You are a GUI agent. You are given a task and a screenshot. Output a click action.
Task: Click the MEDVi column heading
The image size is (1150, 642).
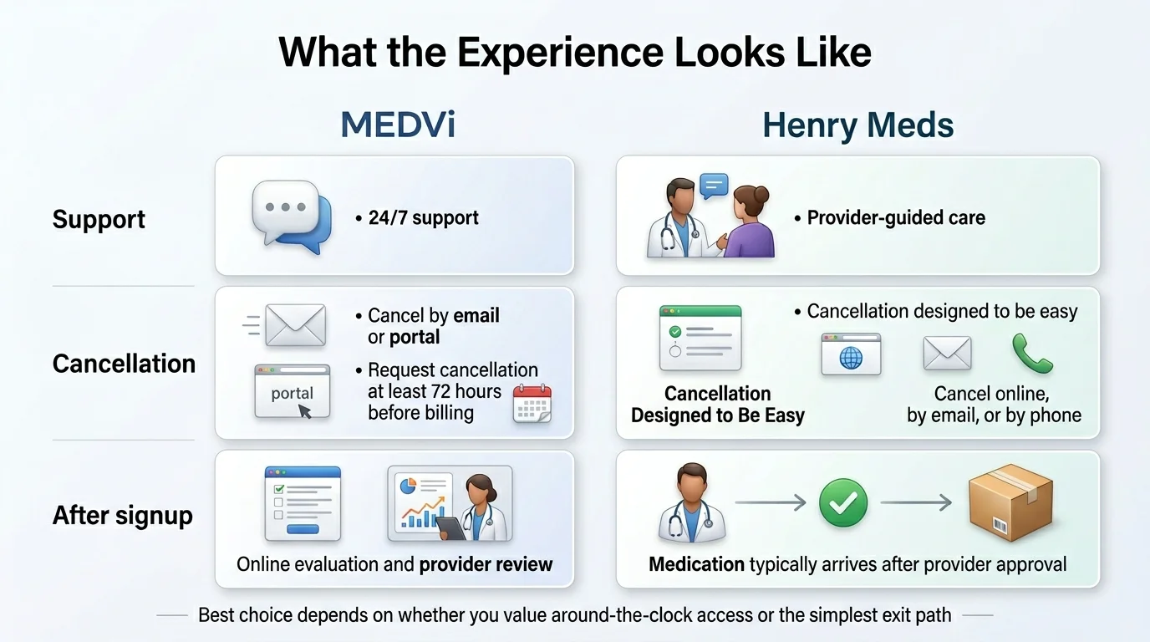(399, 125)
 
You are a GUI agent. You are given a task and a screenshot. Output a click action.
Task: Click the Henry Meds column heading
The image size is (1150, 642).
(857, 125)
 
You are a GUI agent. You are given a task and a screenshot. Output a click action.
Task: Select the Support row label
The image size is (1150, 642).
(99, 219)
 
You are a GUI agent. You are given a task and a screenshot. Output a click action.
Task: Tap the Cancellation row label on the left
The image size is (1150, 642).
(124, 364)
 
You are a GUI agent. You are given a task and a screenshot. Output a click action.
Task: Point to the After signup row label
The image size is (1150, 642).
(122, 515)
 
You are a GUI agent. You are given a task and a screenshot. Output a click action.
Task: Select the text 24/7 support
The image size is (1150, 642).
(424, 218)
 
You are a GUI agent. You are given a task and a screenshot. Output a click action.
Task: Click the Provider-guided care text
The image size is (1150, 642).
(896, 218)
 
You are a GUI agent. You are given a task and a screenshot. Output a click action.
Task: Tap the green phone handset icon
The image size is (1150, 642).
(1032, 353)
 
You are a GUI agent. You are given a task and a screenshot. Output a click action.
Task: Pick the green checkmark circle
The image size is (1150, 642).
(843, 502)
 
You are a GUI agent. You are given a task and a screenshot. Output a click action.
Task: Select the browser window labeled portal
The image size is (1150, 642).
(293, 390)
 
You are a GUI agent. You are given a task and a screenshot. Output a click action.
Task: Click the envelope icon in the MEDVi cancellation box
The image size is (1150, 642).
(294, 325)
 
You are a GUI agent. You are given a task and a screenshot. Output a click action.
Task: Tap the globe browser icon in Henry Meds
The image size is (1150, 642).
(851, 354)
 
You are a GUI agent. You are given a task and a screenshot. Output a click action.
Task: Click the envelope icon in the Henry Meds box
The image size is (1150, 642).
(947, 354)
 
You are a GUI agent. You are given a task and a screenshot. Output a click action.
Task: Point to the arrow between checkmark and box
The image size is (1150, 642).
(916, 502)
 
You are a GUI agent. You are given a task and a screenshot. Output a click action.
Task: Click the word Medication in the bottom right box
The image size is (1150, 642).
(696, 564)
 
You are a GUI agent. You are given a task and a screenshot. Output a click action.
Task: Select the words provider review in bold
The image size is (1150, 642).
(486, 564)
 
